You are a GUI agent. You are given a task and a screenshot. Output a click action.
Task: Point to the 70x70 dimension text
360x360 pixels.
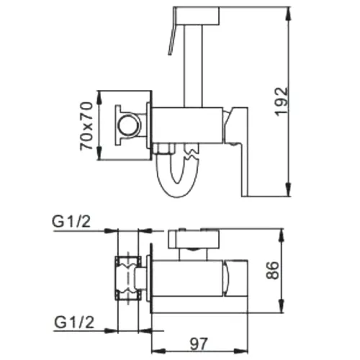pyautogui.click(x=86, y=125)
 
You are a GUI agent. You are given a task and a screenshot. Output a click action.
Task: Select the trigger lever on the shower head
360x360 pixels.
pyautogui.click(x=172, y=39)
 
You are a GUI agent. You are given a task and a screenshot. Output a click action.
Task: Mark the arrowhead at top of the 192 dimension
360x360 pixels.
pyautogui.click(x=289, y=11)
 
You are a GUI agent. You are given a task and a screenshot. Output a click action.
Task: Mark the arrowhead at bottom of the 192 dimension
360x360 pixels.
pyautogui.click(x=289, y=192)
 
